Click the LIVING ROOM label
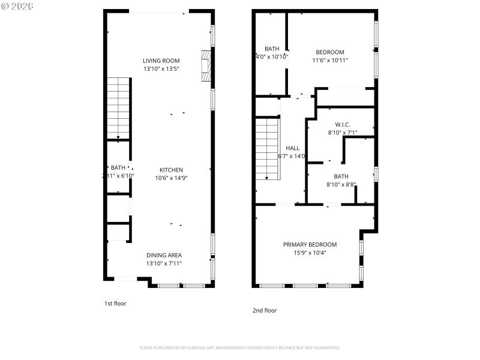coord(161,60)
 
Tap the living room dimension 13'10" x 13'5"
coord(161,69)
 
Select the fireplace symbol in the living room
coord(206,65)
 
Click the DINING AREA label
coord(164,255)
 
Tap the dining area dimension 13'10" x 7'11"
coord(164,263)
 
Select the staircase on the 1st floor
coord(119,108)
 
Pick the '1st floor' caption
coord(115,304)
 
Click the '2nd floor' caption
coord(264,310)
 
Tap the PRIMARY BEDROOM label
coord(310,244)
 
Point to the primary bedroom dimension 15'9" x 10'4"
coord(310,253)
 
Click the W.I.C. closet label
coord(342,124)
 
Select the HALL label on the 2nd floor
coord(292,148)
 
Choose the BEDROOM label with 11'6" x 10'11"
coord(330,52)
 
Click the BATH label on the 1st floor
coord(118,167)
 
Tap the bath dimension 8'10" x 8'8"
coord(341,185)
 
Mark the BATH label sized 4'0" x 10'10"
coord(272,49)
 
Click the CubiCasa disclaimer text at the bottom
coord(240,347)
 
